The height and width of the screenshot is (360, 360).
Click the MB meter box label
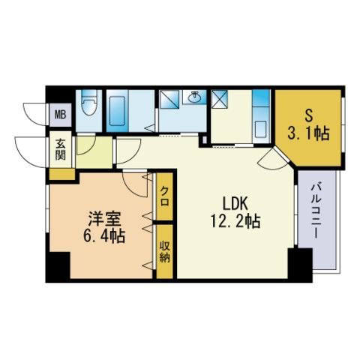(60, 115)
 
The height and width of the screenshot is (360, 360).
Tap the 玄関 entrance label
(61, 149)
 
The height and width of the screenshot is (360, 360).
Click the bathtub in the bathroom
(117, 111)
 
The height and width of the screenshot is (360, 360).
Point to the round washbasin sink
(193, 97)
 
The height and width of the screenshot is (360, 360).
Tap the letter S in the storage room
(308, 116)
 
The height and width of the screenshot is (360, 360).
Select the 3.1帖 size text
(308, 133)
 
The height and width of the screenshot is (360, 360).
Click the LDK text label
(235, 203)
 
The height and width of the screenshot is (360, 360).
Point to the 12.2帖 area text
(235, 221)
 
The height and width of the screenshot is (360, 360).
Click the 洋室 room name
(104, 218)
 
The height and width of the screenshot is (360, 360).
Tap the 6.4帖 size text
(104, 236)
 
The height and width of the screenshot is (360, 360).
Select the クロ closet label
(164, 196)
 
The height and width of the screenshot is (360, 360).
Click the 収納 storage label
(165, 252)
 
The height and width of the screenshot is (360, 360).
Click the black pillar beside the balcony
(300, 265)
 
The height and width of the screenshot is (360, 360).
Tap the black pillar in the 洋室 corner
(58, 267)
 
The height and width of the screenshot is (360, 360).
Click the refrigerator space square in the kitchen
(220, 99)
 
